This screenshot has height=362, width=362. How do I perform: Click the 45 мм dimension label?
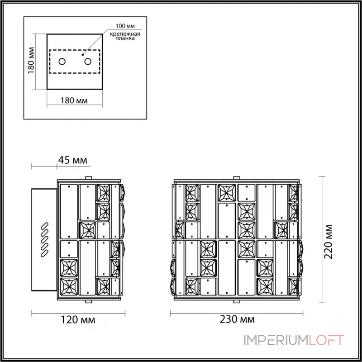coord(72,160)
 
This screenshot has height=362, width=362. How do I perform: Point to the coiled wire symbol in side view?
coord(44,238)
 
